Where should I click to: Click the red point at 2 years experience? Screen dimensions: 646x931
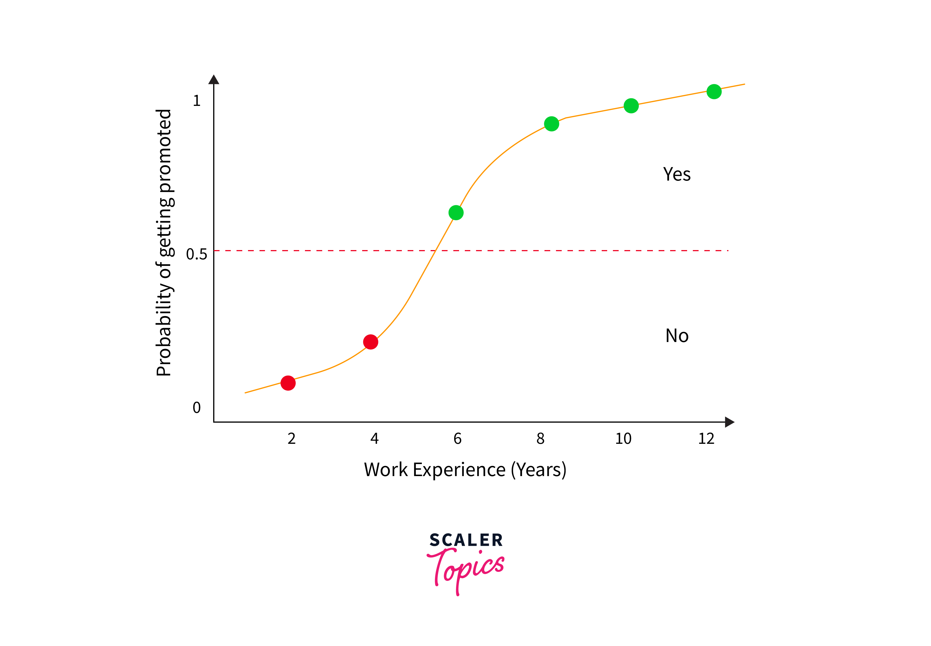coord(288,383)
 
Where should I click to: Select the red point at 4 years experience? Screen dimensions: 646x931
coord(371,342)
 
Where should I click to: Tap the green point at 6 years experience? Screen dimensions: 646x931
coord(456,213)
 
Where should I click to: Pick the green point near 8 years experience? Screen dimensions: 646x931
coord(552,124)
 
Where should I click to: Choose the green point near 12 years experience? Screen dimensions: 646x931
coord(714,91)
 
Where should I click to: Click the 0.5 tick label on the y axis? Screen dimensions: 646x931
coord(196,254)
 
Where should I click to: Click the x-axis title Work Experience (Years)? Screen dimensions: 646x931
coord(465,470)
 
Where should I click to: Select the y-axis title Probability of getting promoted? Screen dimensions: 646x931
coord(165,243)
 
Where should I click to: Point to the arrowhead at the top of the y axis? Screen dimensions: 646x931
coord(214,79)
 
